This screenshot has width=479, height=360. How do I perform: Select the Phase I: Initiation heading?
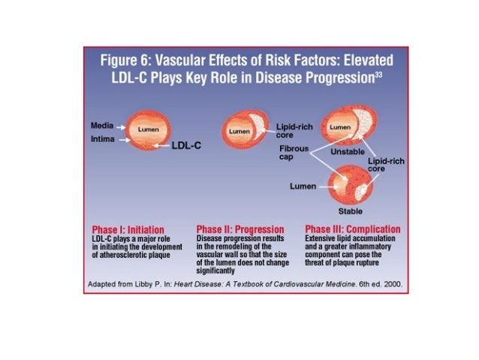pyautogui.click(x=123, y=229)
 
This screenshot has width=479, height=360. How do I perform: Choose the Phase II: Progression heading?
pyautogui.click(x=239, y=229)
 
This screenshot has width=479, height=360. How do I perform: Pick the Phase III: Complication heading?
pyautogui.click(x=352, y=229)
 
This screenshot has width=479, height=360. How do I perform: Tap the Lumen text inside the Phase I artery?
pyautogui.click(x=146, y=129)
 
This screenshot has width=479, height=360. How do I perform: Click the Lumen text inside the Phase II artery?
pyautogui.click(x=239, y=131)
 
